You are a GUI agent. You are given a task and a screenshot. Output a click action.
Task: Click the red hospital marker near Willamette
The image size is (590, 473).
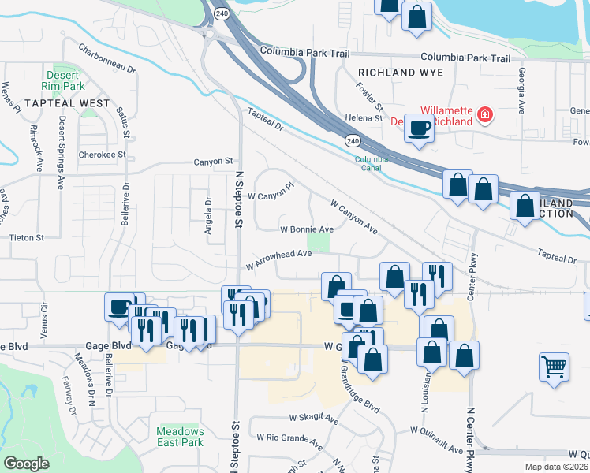coord(486,117)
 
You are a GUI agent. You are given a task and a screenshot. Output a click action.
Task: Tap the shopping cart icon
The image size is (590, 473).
coord(555,367)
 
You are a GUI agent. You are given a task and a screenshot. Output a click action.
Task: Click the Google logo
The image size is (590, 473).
coord(26,464)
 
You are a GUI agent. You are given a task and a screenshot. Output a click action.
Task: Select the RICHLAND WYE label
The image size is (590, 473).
coord(401,73)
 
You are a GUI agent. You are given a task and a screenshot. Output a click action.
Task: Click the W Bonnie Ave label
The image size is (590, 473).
coord(307,229)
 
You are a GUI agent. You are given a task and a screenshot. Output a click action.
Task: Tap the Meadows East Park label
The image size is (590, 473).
coord(180,437)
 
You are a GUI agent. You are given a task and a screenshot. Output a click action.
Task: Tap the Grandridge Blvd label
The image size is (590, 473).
coord(360,392)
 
